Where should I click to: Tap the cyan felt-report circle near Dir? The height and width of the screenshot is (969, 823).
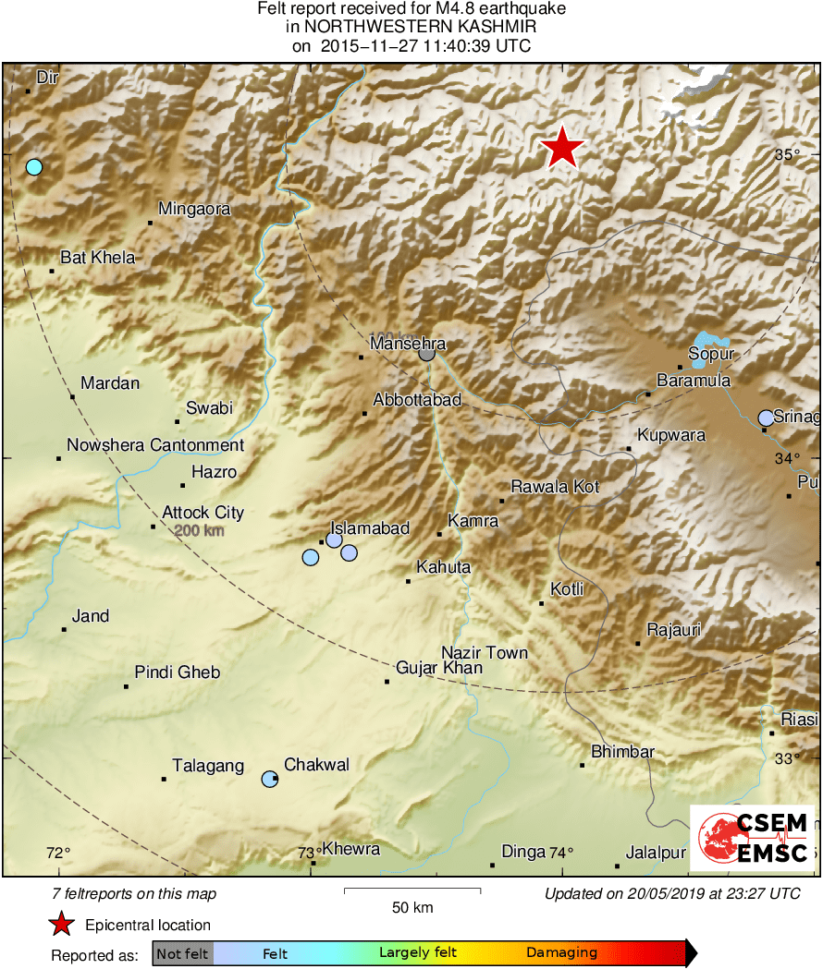coord(34,167)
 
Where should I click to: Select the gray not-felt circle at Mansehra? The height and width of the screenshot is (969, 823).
coord(426,353)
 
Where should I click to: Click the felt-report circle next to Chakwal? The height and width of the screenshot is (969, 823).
coord(269,779)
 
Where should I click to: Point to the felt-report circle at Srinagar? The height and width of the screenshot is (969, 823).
coord(766,418)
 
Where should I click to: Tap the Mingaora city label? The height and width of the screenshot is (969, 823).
coord(194,210)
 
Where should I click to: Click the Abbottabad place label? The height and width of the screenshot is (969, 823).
coord(417,400)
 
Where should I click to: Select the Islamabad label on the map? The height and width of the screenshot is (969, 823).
coord(370,528)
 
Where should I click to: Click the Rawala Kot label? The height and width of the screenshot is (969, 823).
coord(556,487)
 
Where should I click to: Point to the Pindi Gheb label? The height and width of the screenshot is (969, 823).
coord(178,672)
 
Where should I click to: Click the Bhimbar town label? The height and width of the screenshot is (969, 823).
coord(622,752)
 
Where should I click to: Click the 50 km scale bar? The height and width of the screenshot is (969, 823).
coord(412,890)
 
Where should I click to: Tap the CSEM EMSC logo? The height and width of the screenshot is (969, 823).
coord(753,838)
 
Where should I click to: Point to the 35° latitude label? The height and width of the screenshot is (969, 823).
coord(787,155)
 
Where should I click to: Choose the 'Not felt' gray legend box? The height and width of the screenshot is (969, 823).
coord(182,953)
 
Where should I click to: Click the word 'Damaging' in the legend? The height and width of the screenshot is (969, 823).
coord(562,953)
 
